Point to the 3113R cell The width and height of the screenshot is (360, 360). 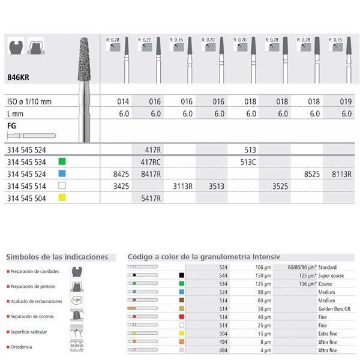(182, 186)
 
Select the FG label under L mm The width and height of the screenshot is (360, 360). (11, 126)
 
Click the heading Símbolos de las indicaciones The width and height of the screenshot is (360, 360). (57, 257)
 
